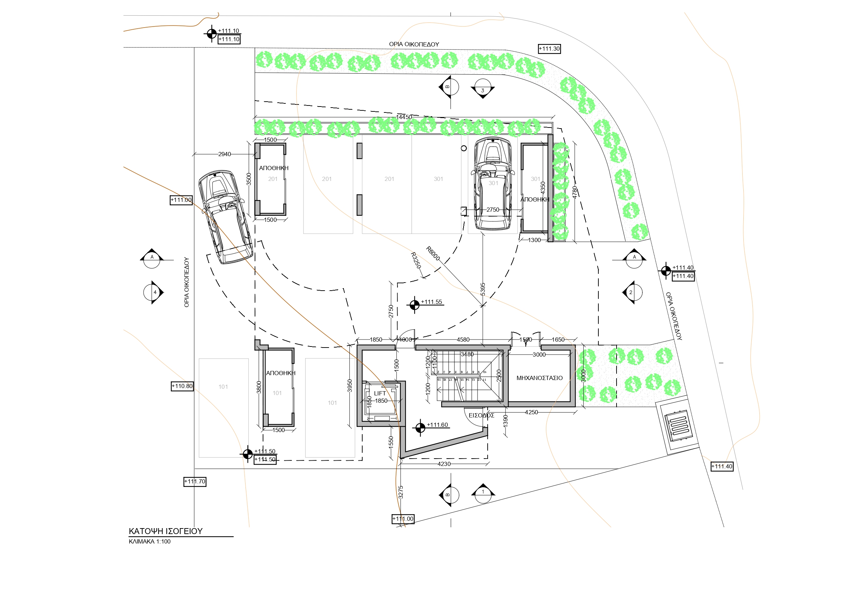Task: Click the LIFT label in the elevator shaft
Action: click(379, 393)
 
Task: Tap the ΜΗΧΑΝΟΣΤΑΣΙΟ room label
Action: click(539, 378)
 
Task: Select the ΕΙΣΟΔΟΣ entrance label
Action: click(481, 415)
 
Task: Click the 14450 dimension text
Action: click(404, 117)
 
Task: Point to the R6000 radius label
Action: click(433, 254)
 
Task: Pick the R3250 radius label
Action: click(415, 261)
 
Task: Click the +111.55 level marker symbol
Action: click(414, 305)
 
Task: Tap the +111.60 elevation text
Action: click(437, 425)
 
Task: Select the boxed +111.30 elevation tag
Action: click(549, 49)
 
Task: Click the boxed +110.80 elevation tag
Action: click(182, 386)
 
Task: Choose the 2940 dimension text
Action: click(224, 154)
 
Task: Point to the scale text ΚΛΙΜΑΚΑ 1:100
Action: click(150, 542)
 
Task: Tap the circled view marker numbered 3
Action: click(483, 89)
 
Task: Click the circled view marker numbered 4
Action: click(153, 292)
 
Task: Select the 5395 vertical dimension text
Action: click(483, 289)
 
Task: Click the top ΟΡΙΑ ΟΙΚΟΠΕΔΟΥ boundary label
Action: click(414, 44)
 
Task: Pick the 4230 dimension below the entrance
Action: click(444, 464)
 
